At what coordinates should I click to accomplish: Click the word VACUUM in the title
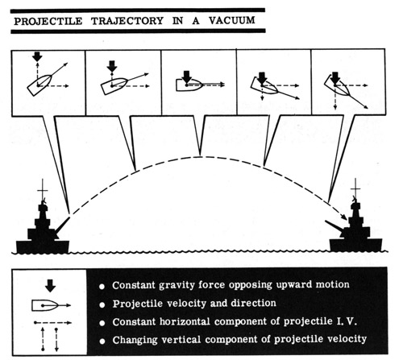[x=231, y=20]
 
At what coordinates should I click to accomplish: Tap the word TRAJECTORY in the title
[x=127, y=21]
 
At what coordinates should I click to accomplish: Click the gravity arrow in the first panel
[x=37, y=56]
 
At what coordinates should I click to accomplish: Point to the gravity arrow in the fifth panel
[x=335, y=77]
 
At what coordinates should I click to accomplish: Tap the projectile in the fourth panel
[x=264, y=85]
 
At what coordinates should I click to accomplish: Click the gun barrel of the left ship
[x=63, y=226]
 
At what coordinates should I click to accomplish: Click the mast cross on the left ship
[x=43, y=191]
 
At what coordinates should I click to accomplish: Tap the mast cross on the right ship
[x=355, y=189]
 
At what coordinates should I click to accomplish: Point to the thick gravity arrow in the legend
[x=50, y=285]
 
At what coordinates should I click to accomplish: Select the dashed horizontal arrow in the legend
[x=52, y=322]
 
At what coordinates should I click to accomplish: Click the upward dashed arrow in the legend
[x=43, y=339]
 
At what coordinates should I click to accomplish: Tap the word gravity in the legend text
[x=177, y=285]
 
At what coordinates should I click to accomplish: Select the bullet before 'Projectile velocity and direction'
[x=102, y=305]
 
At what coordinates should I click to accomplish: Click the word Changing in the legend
[x=135, y=340]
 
